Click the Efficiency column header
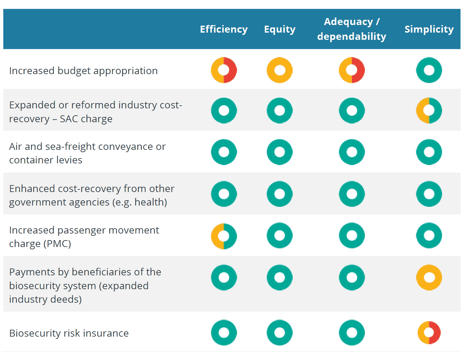pos(223,29)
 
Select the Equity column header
pos(280,29)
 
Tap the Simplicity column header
pos(429,29)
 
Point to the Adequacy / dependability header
pos(351,29)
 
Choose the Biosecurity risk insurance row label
pos(69,333)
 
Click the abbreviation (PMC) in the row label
pos(57,244)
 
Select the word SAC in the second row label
pos(69,119)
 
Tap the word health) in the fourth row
pos(151,202)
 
